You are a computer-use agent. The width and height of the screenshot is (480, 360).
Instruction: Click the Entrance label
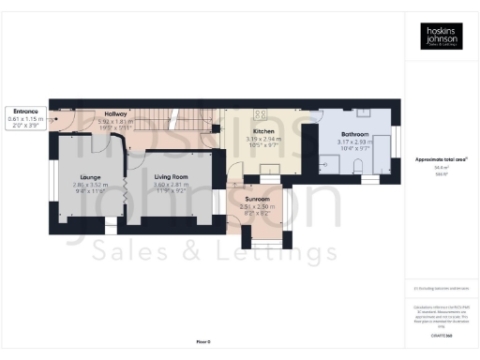(x=25, y=112)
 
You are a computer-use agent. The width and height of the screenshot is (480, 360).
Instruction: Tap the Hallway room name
(x=115, y=113)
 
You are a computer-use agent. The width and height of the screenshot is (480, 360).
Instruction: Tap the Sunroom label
(x=258, y=200)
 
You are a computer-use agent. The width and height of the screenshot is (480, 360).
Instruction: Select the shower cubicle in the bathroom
(x=332, y=165)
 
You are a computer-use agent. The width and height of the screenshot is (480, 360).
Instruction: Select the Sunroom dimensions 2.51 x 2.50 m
(x=258, y=207)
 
